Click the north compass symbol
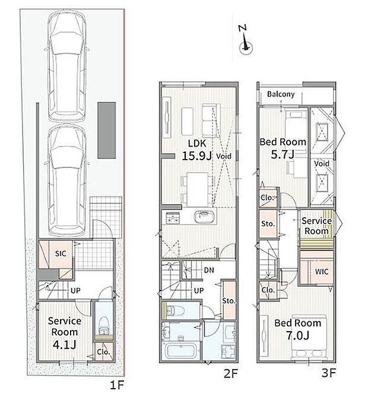(245, 40)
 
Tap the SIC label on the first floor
(61, 253)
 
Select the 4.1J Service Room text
(65, 333)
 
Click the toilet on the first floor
(104, 326)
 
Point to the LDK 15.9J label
(197, 150)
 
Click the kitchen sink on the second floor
(204, 217)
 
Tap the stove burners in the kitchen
(173, 218)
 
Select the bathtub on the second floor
(180, 350)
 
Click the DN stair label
(209, 270)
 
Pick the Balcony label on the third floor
(281, 94)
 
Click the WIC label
(322, 272)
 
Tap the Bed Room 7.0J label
(298, 329)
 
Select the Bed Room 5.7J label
(283, 148)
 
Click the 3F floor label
(328, 373)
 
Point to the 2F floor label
(231, 373)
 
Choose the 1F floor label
(117, 385)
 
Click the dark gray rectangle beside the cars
(107, 131)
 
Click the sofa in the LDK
(211, 120)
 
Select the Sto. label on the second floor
(229, 301)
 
